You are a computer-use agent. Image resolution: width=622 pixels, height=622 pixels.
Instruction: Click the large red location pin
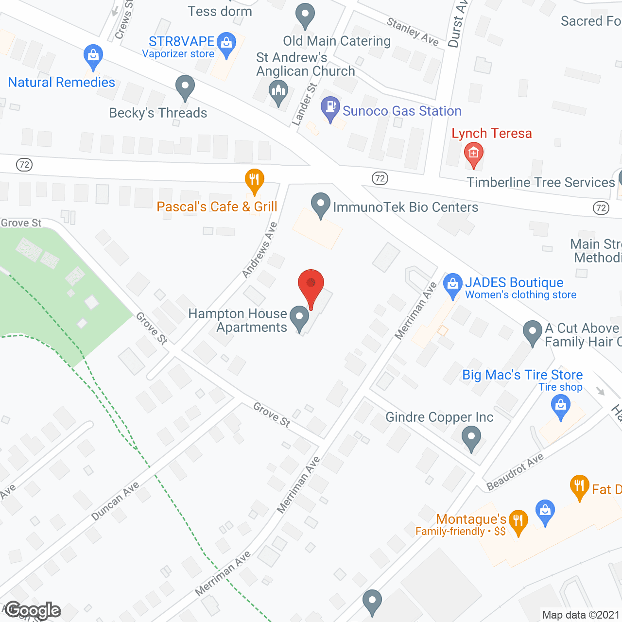pos(311,284)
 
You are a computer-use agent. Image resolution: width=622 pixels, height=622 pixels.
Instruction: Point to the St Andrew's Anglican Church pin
pos(278,91)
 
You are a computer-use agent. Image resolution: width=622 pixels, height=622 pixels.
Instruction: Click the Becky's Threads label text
pos(158,113)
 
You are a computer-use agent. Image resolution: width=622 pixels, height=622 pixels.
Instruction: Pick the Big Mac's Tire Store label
pos(522,375)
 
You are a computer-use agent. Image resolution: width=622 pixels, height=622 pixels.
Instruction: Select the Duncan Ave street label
pos(115,501)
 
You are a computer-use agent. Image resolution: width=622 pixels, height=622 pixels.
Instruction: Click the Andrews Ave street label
pos(259,250)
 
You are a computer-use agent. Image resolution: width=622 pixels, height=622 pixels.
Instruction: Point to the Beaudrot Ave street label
pos(515,472)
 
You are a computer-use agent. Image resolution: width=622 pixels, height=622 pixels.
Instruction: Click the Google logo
pos(33,610)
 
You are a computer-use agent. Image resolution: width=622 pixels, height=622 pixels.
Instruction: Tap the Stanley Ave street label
pos(413,32)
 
